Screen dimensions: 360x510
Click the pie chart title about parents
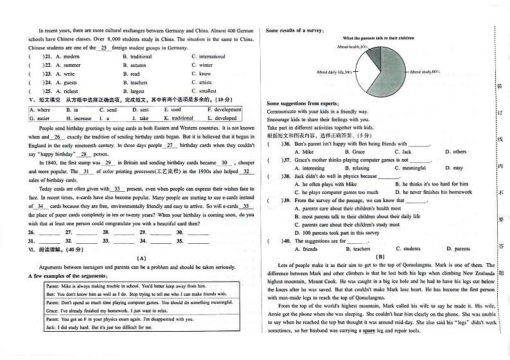click(x=378, y=39)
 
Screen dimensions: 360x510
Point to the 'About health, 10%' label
click(x=353, y=47)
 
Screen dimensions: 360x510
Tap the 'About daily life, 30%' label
click(x=334, y=73)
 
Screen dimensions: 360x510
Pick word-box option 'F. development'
click(x=224, y=110)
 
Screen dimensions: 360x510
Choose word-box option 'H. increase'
click(x=78, y=118)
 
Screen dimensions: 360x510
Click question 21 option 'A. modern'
click(x=67, y=56)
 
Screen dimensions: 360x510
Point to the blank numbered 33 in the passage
click(x=118, y=189)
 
